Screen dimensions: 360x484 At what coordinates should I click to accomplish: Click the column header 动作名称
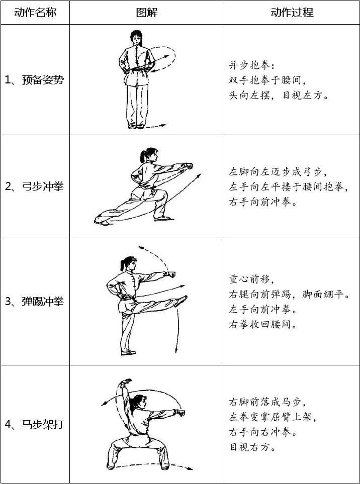pos(35,13)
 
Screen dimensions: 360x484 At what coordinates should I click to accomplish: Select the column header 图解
pos(147,13)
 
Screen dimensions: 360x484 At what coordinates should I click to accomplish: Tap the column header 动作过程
pos(292,13)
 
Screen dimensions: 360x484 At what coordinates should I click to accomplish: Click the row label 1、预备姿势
pos(34,80)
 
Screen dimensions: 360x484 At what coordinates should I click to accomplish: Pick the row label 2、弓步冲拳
pos(34,186)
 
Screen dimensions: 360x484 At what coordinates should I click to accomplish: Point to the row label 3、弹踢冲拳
pos(34,301)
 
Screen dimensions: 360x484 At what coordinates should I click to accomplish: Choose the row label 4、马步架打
pos(34,424)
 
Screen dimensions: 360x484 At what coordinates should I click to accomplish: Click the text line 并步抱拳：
pos(251,65)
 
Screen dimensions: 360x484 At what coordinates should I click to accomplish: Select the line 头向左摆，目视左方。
pos(279,95)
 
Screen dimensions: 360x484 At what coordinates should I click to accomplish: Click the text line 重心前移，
pos(251,279)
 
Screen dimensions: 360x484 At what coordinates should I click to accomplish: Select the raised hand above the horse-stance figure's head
pos(126,382)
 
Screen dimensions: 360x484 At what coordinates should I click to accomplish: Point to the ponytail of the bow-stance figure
pos(143,156)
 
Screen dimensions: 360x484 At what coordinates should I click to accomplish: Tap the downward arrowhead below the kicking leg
pos(176,350)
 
